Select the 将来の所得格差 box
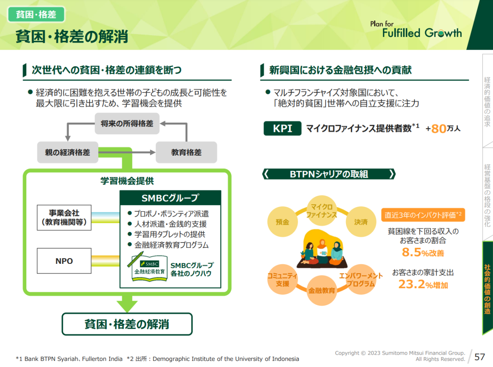[127, 123]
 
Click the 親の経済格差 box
[67, 152]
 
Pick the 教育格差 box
[186, 152]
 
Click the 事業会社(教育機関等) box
[64, 218]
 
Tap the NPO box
[64, 261]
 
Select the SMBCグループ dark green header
[170, 198]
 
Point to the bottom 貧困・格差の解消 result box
[127, 324]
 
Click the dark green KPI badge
[282, 128]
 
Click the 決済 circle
[361, 222]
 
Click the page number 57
[480, 356]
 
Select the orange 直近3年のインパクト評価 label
[423, 215]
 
